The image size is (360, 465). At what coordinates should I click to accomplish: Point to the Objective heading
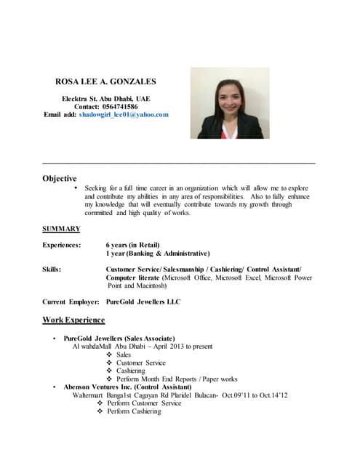click(x=60, y=178)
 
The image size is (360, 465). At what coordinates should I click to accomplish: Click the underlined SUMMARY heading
click(x=61, y=229)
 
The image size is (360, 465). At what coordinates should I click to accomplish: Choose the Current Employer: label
click(x=71, y=302)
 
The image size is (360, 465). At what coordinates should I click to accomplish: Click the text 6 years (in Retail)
click(x=132, y=245)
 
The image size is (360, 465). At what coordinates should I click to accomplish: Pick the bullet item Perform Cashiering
click(x=139, y=411)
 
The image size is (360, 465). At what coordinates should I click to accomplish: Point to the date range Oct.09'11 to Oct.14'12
click(x=255, y=395)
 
